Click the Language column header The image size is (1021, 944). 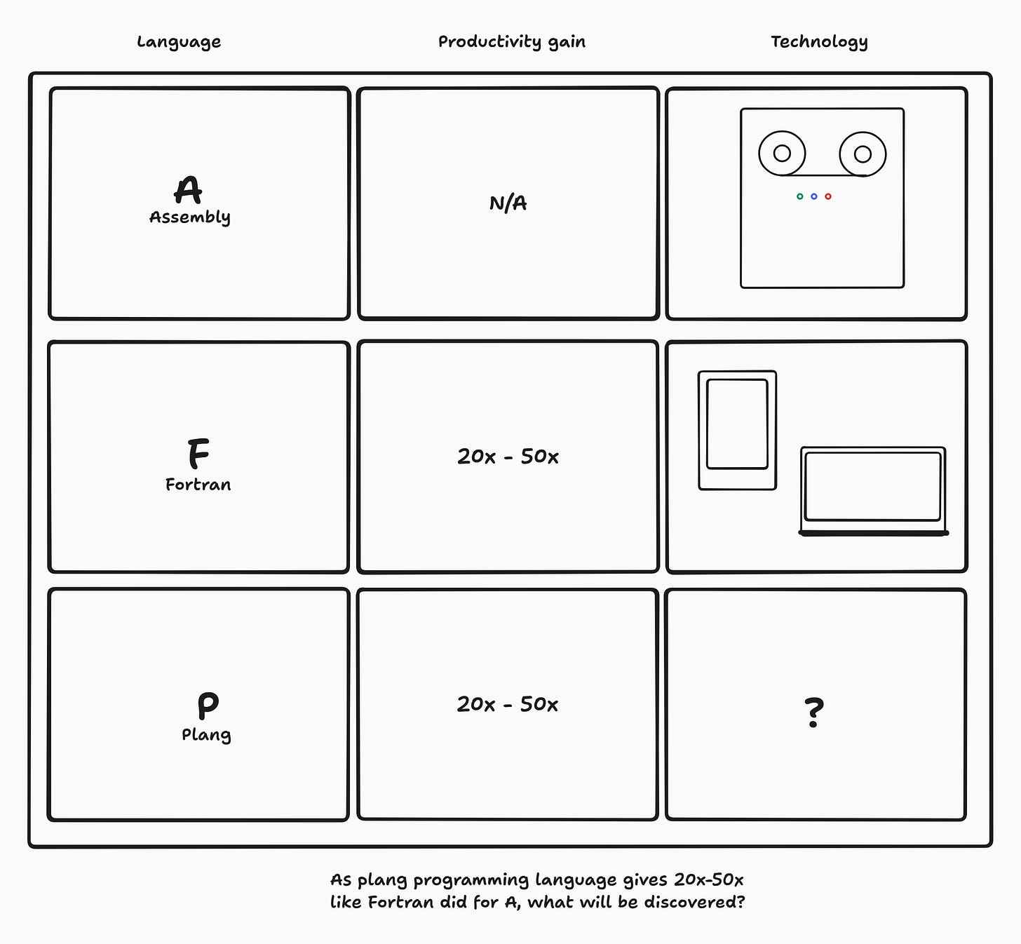179,42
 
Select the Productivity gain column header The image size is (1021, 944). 511,42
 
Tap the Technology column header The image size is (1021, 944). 819,42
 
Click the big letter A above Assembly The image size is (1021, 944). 188,190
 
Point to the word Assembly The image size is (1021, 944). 190,217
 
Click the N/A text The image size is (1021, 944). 508,203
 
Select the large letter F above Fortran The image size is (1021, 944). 198,453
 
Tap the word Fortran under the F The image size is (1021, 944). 198,485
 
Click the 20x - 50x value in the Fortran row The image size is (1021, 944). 508,457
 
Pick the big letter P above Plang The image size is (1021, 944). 208,706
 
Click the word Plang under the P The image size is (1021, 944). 206,734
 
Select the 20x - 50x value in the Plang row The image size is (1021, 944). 508,704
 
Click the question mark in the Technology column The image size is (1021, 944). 814,712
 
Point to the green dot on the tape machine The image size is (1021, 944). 799,196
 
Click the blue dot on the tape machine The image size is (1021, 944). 814,196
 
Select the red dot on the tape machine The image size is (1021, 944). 827,196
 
